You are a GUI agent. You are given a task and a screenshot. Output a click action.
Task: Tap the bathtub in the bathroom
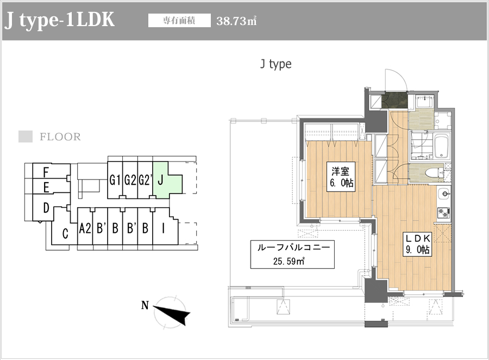[442, 146]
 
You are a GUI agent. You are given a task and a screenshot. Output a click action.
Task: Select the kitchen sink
[444, 194]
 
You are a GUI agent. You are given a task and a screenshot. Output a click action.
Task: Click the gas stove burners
[443, 213]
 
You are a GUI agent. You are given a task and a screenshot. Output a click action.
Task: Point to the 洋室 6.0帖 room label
[341, 177]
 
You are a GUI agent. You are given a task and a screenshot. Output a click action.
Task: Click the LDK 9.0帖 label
[418, 245]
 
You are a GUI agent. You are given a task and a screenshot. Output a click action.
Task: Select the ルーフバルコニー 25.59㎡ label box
[292, 255]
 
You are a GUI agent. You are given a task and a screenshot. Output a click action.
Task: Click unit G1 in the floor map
[115, 180]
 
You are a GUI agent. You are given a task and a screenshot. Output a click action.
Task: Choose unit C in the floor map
[65, 233]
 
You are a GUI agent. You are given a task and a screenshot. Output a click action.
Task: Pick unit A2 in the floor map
[85, 228]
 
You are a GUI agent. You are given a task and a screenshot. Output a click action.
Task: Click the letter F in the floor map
[46, 172]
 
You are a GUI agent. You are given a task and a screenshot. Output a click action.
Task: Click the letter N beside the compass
[145, 305]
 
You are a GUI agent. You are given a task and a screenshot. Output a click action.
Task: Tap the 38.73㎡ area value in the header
[236, 21]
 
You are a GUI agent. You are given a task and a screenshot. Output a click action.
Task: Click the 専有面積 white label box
[179, 21]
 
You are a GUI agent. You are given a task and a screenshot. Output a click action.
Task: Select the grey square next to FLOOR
[26, 136]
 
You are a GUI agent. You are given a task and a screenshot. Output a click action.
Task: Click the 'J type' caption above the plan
[276, 64]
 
